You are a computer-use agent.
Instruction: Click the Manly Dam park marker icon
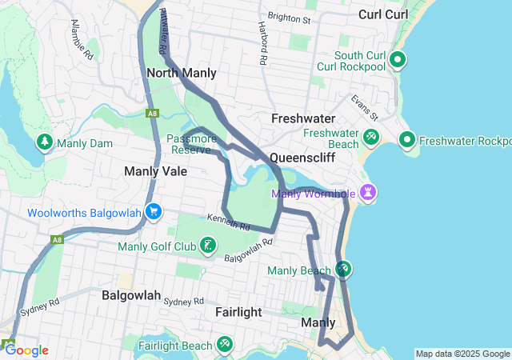point(45,143)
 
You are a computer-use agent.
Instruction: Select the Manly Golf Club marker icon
point(208,245)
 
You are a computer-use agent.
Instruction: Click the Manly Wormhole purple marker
point(368,192)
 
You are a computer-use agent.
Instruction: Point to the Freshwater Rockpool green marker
point(407,142)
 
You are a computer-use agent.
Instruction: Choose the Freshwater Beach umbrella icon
point(370,138)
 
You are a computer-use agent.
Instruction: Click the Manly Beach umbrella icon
point(342,270)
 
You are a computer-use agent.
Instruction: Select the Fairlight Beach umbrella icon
point(225,346)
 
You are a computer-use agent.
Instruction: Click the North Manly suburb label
point(182,73)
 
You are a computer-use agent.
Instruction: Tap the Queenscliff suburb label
point(301,157)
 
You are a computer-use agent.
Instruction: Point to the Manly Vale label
point(155,171)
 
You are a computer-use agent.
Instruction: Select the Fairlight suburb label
point(238,312)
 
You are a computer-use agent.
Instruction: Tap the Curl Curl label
point(383,14)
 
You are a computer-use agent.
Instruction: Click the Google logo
point(26,350)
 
